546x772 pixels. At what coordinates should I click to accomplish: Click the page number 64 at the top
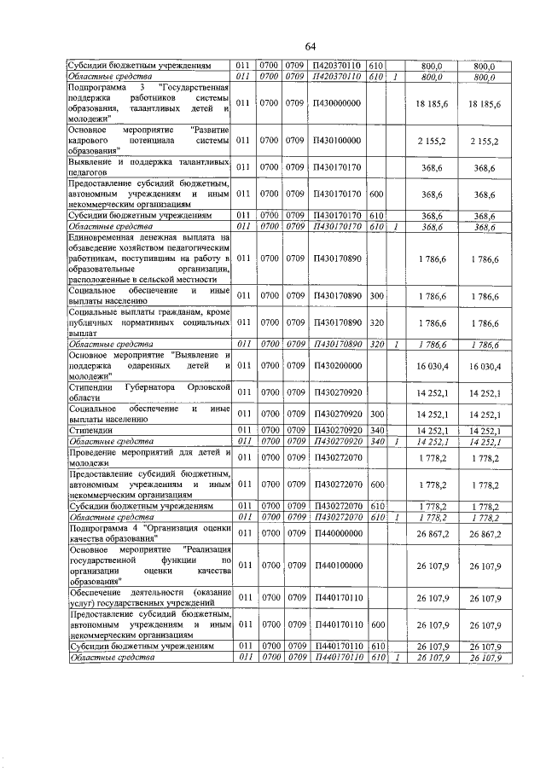[x=310, y=46]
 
